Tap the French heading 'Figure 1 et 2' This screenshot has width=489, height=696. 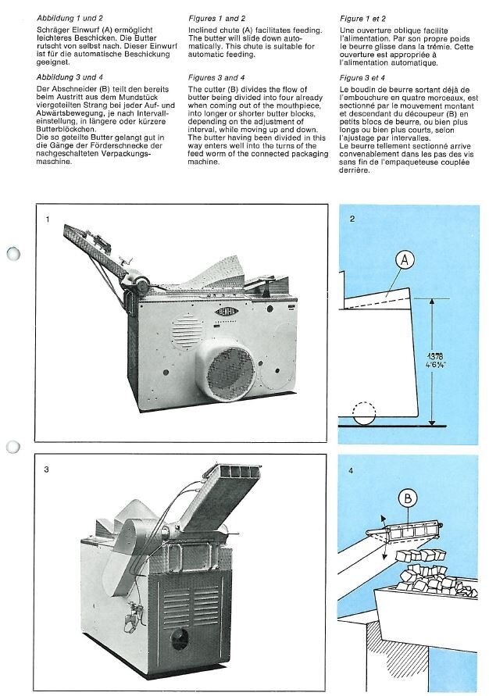363,17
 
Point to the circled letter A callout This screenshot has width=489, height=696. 404,262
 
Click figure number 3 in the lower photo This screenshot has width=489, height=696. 48,470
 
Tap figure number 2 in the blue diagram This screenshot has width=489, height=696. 352,218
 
